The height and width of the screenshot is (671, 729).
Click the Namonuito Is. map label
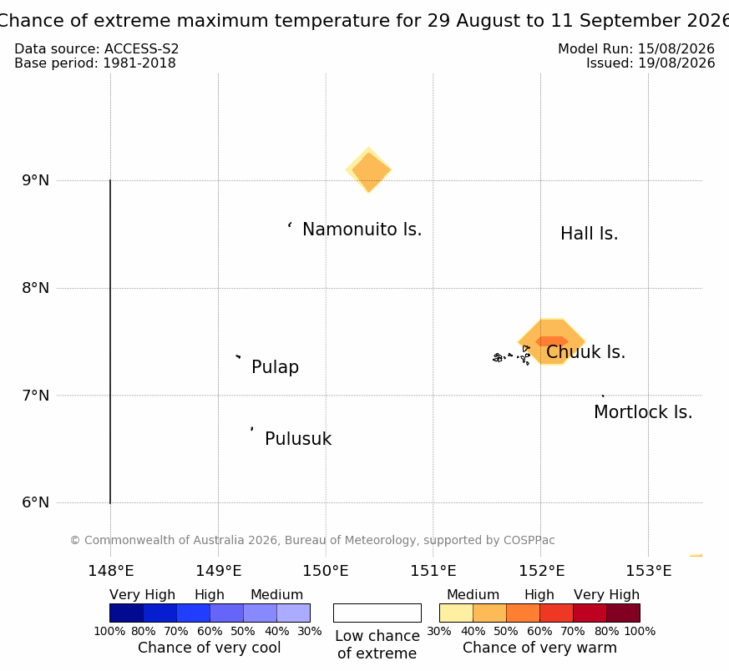pyautogui.click(x=362, y=230)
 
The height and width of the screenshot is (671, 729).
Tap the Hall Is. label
pyautogui.click(x=589, y=234)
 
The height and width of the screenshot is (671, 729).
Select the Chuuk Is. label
pyautogui.click(x=586, y=352)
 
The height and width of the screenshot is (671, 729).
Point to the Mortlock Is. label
pyautogui.click(x=643, y=412)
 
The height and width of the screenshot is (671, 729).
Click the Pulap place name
pyautogui.click(x=276, y=367)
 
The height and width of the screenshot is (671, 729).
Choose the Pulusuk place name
pyautogui.click(x=298, y=439)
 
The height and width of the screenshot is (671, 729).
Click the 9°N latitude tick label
pyautogui.click(x=35, y=180)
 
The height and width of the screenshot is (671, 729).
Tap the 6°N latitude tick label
pyautogui.click(x=35, y=502)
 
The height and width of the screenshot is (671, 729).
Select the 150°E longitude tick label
pyautogui.click(x=326, y=571)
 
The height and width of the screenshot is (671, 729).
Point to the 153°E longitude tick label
pyautogui.click(x=649, y=571)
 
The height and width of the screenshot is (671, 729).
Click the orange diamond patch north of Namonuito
pyautogui.click(x=369, y=170)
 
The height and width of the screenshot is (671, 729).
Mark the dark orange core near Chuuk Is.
pyautogui.click(x=552, y=341)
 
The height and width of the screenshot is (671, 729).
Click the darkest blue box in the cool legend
pyautogui.click(x=126, y=613)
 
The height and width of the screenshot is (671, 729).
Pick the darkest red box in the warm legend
pyautogui.click(x=624, y=613)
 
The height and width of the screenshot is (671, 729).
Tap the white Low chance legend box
pyautogui.click(x=377, y=613)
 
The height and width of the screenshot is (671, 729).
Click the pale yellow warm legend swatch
pyautogui.click(x=456, y=613)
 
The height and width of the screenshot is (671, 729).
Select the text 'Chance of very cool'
pyautogui.click(x=210, y=648)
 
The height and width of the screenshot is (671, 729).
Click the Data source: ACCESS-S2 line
pyautogui.click(x=97, y=49)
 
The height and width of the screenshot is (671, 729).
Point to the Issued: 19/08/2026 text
pyautogui.click(x=651, y=63)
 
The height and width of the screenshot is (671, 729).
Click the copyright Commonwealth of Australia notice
pyautogui.click(x=312, y=540)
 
